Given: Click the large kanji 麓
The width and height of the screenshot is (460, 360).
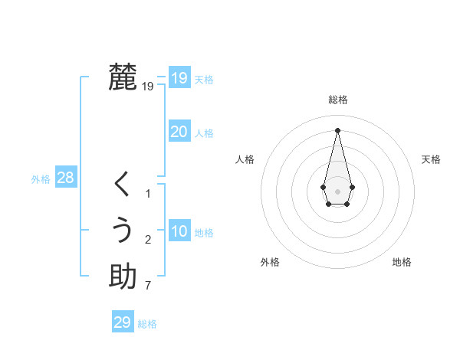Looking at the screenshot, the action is click(123, 77).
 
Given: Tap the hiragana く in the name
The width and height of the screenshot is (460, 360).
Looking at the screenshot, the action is click(123, 185).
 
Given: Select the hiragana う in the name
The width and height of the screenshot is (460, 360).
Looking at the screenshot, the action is click(123, 231).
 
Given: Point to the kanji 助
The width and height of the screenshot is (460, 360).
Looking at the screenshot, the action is click(123, 277).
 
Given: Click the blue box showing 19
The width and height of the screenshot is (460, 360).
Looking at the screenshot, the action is click(179, 77).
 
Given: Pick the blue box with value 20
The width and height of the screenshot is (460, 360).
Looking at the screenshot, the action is click(179, 132).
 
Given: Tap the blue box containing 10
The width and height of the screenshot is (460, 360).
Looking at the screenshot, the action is click(179, 231).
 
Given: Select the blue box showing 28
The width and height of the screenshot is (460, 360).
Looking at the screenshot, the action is click(65, 178).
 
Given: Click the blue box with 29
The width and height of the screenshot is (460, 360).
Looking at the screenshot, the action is click(123, 322).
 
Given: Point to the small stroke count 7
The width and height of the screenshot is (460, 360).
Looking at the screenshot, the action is click(147, 286).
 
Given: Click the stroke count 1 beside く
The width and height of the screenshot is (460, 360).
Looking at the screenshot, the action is click(148, 194).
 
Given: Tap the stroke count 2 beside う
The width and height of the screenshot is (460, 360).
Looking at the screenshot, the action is click(148, 241).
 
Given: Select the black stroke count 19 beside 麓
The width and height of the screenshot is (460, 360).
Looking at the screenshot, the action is click(147, 87).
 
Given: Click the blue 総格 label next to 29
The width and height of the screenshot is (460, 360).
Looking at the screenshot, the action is click(147, 324).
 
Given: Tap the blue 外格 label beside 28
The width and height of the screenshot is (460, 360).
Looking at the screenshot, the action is click(41, 179).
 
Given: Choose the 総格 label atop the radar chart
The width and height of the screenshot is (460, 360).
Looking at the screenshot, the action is click(338, 100).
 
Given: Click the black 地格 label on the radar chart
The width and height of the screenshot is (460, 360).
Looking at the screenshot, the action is click(402, 262).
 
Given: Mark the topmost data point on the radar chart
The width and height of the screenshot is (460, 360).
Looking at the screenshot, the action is click(338, 130).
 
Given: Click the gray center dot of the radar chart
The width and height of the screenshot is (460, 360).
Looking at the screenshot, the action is click(338, 191).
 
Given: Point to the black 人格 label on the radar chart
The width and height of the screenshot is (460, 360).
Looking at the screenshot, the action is click(245, 159).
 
